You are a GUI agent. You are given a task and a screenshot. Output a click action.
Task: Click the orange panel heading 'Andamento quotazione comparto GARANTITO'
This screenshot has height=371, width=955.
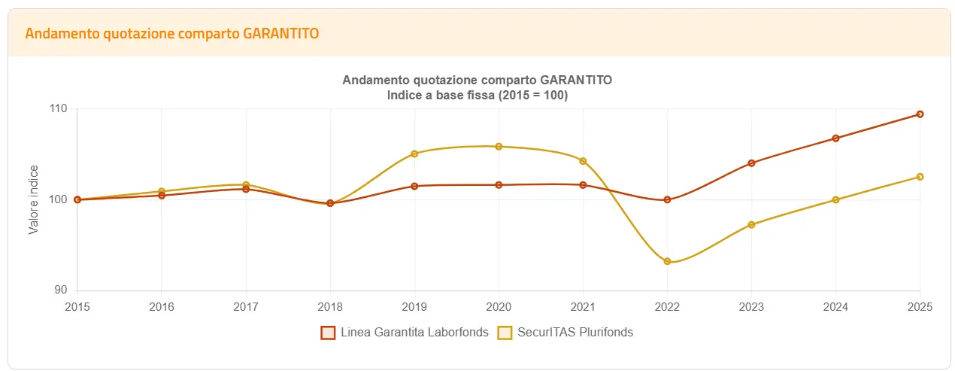pyautogui.click(x=172, y=34)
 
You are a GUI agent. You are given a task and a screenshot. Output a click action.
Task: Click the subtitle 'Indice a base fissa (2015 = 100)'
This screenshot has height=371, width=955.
pyautogui.click(x=477, y=96)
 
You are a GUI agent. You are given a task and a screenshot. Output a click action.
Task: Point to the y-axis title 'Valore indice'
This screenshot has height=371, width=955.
pyautogui.click(x=33, y=199)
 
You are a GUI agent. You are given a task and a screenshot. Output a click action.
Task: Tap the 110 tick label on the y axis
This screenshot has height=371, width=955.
pyautogui.click(x=58, y=109)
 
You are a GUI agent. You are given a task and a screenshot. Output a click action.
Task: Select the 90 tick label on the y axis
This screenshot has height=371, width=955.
pyautogui.click(x=60, y=290)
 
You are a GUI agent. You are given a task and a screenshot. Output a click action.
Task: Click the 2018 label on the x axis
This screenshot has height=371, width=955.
pyautogui.click(x=330, y=307)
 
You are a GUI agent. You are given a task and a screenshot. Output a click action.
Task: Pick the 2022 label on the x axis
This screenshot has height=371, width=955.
pyautogui.click(x=667, y=307)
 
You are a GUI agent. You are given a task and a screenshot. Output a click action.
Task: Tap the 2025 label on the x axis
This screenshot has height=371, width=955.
pyautogui.click(x=920, y=307)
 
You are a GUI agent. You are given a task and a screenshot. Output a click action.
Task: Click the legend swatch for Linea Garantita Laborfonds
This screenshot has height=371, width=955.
pyautogui.click(x=327, y=333)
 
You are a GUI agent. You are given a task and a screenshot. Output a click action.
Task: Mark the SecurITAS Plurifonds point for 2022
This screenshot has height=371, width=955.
pyautogui.click(x=667, y=261)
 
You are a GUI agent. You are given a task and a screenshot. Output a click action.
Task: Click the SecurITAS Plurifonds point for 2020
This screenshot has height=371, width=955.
pyautogui.click(x=499, y=146)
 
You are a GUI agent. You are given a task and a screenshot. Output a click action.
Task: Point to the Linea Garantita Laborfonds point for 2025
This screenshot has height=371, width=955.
pyautogui.click(x=920, y=114)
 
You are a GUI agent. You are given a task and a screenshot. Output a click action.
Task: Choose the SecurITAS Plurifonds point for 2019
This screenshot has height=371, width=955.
pyautogui.click(x=414, y=154)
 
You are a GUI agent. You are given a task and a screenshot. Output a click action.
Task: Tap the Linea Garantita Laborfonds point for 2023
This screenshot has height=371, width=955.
pyautogui.click(x=751, y=163)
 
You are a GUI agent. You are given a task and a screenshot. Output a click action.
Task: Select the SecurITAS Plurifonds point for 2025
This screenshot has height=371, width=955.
pyautogui.click(x=920, y=177)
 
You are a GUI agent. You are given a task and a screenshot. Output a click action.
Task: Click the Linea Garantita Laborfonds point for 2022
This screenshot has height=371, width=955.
pyautogui.click(x=667, y=199)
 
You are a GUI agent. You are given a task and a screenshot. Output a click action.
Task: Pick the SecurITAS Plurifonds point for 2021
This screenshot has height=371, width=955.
pyautogui.click(x=583, y=161)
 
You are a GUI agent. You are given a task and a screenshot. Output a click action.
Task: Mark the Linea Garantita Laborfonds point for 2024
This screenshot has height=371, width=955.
pyautogui.click(x=835, y=138)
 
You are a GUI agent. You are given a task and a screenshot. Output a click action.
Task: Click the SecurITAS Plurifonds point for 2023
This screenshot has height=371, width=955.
pyautogui.click(x=751, y=224)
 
